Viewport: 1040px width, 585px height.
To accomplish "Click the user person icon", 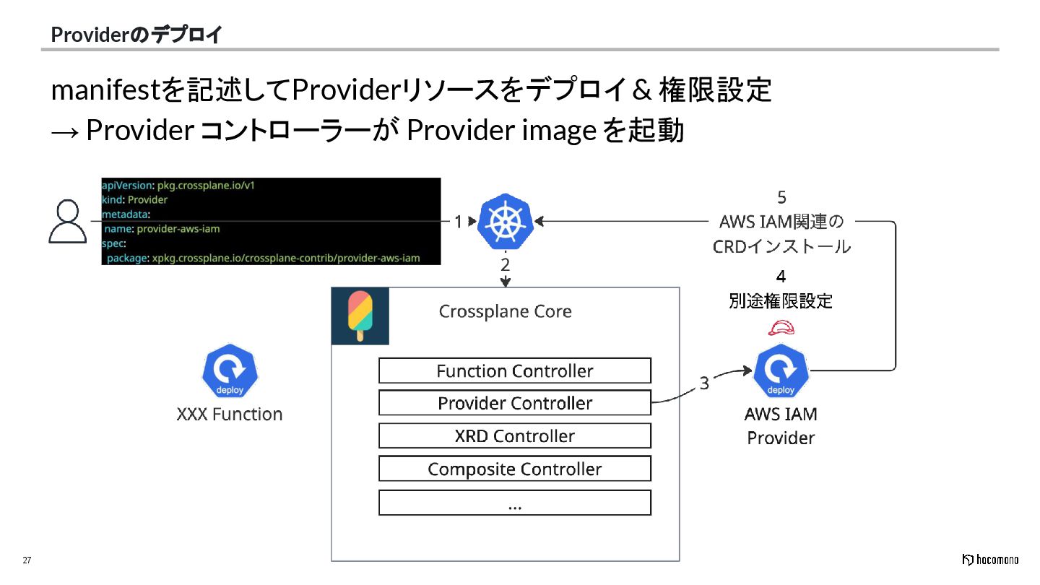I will coord(67,222).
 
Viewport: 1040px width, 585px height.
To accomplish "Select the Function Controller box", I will coord(514,370).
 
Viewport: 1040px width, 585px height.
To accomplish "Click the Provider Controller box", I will coord(514,403).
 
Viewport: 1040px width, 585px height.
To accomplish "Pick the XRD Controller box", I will coord(514,435).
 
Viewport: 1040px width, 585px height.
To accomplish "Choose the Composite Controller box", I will coord(514,469).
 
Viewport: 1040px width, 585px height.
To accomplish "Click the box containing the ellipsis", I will coord(514,503).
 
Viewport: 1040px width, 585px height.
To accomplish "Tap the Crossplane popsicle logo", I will coord(360,316).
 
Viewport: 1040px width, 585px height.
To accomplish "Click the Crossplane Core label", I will coord(505,311).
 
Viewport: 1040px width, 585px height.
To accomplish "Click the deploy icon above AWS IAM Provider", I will coord(780,371).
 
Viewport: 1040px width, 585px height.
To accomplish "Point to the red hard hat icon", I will coord(781,329).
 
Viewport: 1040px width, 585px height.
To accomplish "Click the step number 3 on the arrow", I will coord(704,383).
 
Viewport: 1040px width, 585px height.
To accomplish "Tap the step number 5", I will coord(781,197).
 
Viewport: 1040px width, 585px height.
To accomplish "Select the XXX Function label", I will coord(230,414).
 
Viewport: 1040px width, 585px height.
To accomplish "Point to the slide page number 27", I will coord(27,561).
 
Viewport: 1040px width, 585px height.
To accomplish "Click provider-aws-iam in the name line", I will coord(178,228).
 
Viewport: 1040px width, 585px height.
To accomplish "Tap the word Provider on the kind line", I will coord(147,199).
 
